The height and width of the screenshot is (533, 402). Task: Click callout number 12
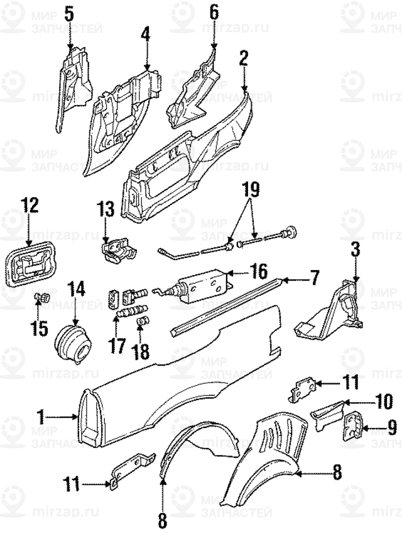click(x=30, y=205)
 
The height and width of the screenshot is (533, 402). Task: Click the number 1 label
click(x=41, y=416)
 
